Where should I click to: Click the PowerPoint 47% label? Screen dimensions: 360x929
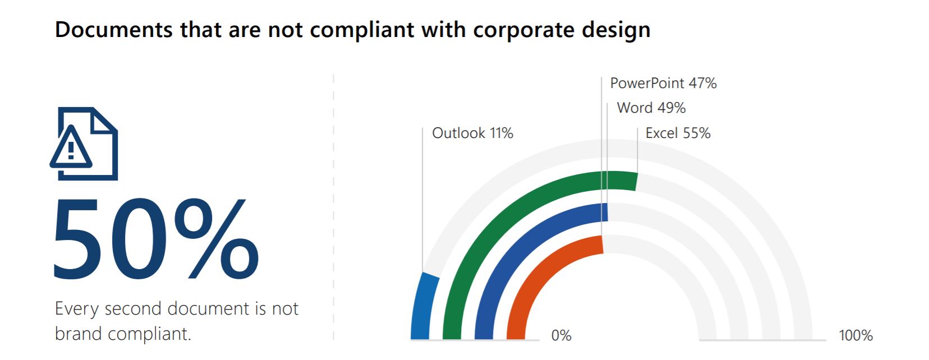pos(663,84)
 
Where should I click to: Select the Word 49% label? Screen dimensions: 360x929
pos(651,108)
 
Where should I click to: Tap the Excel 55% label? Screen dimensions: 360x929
pos(678,133)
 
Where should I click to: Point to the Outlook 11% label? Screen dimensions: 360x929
pos(472,133)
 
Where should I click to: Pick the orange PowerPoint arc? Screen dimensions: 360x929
pos(539,269)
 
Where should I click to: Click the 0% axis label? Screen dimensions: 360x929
pos(561,335)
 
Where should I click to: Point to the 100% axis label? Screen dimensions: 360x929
pos(856,335)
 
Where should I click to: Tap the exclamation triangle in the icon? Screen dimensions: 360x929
pos(71,149)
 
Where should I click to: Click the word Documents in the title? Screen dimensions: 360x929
pos(114,30)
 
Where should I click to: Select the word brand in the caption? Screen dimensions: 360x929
pos(79,334)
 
